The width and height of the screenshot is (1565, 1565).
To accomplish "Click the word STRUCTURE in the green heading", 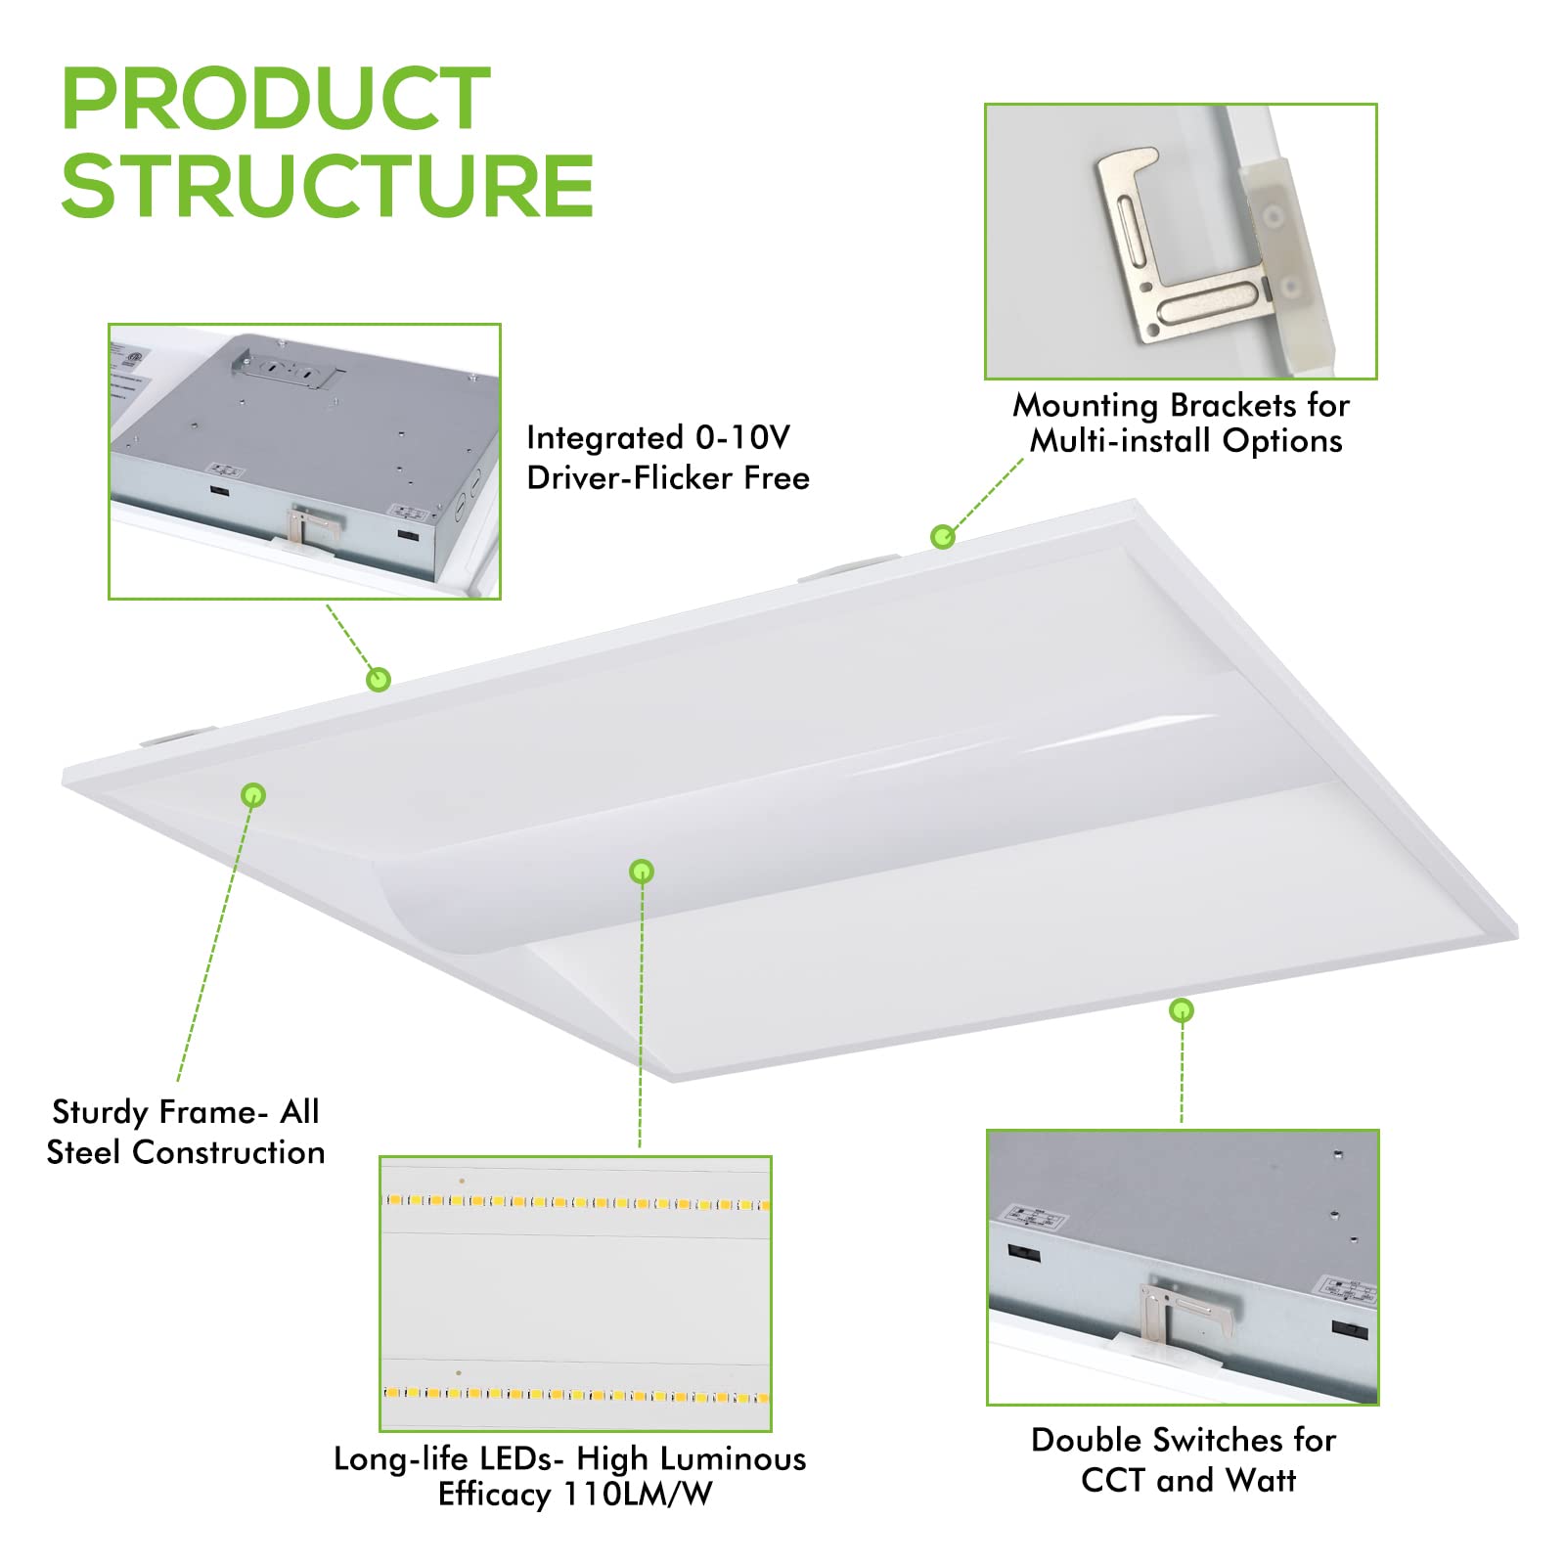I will click(328, 186).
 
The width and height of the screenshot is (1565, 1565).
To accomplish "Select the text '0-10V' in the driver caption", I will click(742, 437).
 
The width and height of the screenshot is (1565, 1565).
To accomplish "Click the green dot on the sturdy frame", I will click(253, 795).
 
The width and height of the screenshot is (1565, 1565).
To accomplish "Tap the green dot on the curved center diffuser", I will click(642, 871).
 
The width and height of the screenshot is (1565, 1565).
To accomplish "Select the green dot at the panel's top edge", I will click(942, 536).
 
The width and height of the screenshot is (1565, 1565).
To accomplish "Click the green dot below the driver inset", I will click(379, 679).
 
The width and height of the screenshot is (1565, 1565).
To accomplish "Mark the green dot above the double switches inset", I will click(1182, 1010).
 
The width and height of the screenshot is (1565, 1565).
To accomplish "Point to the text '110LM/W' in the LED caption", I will click(638, 1495).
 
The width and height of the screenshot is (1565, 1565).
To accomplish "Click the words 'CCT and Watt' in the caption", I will click(1188, 1480).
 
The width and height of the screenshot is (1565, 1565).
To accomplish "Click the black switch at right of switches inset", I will click(1350, 1330).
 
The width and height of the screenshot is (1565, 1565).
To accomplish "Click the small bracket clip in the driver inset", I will click(313, 528).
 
